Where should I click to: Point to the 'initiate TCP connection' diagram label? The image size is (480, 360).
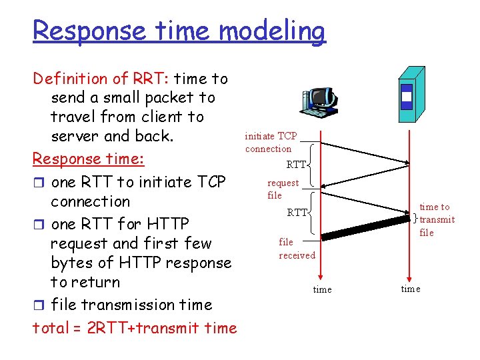(270, 142)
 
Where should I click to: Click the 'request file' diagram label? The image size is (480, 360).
(282, 189)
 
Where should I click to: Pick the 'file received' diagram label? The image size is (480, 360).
(297, 249)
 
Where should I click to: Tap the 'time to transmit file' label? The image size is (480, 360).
(436, 219)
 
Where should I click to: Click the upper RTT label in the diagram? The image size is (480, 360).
(296, 165)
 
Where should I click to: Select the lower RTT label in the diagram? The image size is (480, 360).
(297, 213)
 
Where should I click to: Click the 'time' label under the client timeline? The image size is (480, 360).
(322, 289)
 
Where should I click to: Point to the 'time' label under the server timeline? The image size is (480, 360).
(411, 288)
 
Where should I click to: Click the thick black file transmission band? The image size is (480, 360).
(365, 226)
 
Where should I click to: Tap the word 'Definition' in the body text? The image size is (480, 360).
(70, 79)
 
